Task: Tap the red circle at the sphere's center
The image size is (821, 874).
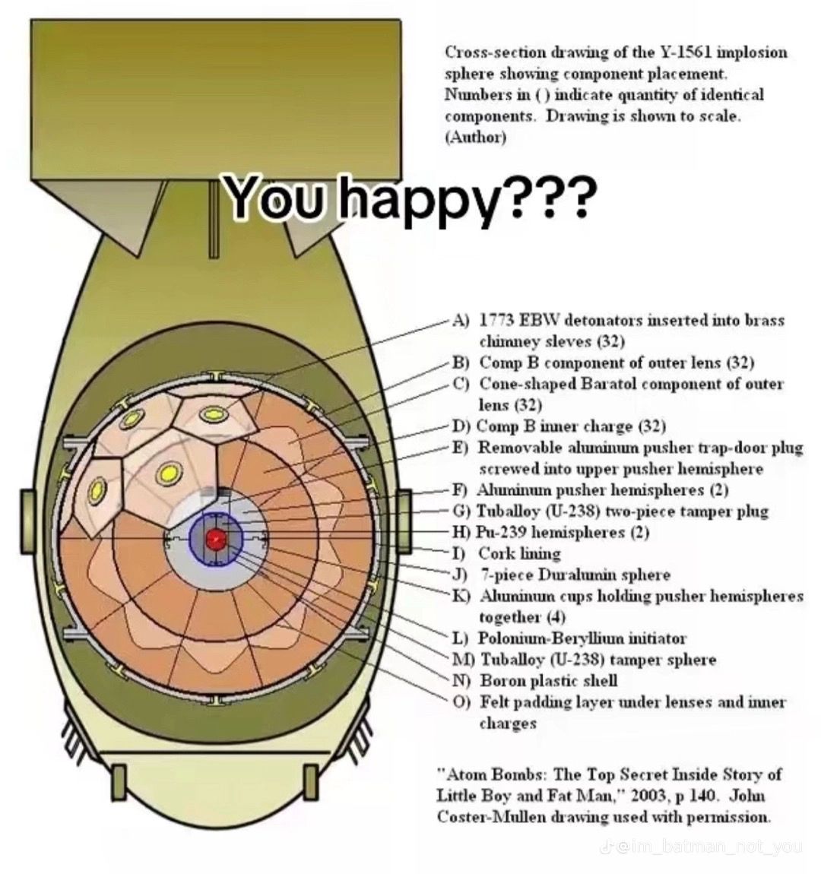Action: click(x=216, y=540)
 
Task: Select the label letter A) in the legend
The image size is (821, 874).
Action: click(x=461, y=320)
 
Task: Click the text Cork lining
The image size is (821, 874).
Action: click(x=519, y=553)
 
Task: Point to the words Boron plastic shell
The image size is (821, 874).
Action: click(x=548, y=681)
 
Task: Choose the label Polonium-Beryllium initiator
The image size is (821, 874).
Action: click(x=582, y=638)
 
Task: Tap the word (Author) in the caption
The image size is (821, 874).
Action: click(x=475, y=138)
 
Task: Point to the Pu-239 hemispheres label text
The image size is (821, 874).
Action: click(x=563, y=532)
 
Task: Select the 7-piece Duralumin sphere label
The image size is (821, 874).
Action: click(x=575, y=575)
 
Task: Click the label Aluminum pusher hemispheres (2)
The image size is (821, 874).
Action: click(x=603, y=489)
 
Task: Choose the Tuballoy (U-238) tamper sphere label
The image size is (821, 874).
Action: click(x=598, y=660)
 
